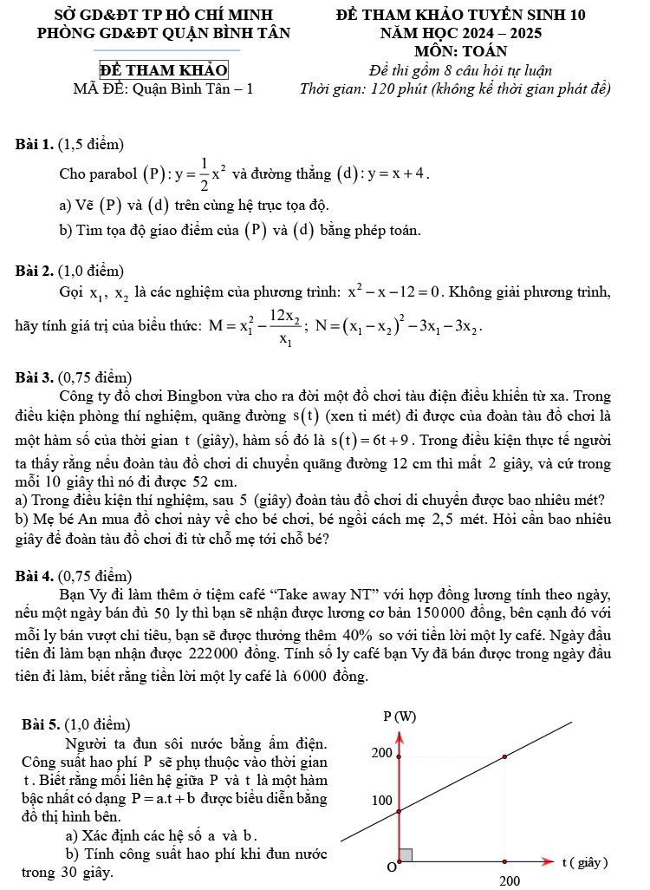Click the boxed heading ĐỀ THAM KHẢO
[x=164, y=70]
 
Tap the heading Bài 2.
[x=35, y=272]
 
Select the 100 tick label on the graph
[x=382, y=800]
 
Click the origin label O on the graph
[x=392, y=867]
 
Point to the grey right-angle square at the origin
[x=406, y=854]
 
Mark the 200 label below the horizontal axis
[x=510, y=880]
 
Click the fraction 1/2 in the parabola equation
[x=205, y=173]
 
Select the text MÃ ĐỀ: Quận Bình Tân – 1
[x=164, y=88]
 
